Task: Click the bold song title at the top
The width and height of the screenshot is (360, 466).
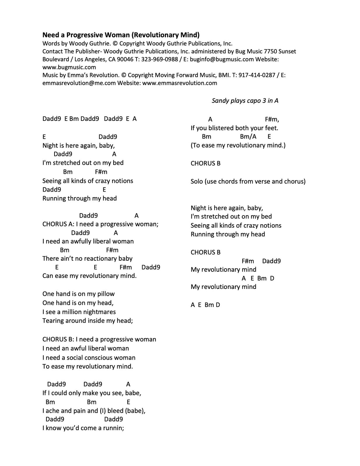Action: click(121, 35)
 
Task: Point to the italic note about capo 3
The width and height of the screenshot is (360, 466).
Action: click(245, 101)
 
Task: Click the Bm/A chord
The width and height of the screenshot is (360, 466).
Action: click(248, 137)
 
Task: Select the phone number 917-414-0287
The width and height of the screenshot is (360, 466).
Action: click(257, 75)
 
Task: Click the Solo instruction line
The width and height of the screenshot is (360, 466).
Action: click(248, 181)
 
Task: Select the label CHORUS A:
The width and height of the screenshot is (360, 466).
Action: click(59, 224)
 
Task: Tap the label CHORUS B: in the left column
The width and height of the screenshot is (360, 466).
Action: click(59, 340)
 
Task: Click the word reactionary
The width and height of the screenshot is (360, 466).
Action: click(99, 259)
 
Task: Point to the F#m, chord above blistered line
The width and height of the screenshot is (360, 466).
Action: click(272, 119)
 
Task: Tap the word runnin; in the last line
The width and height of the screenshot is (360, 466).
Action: click(114, 428)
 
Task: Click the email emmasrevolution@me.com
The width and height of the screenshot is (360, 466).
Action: click(79, 83)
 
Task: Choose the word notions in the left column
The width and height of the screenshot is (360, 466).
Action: click(121, 181)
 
